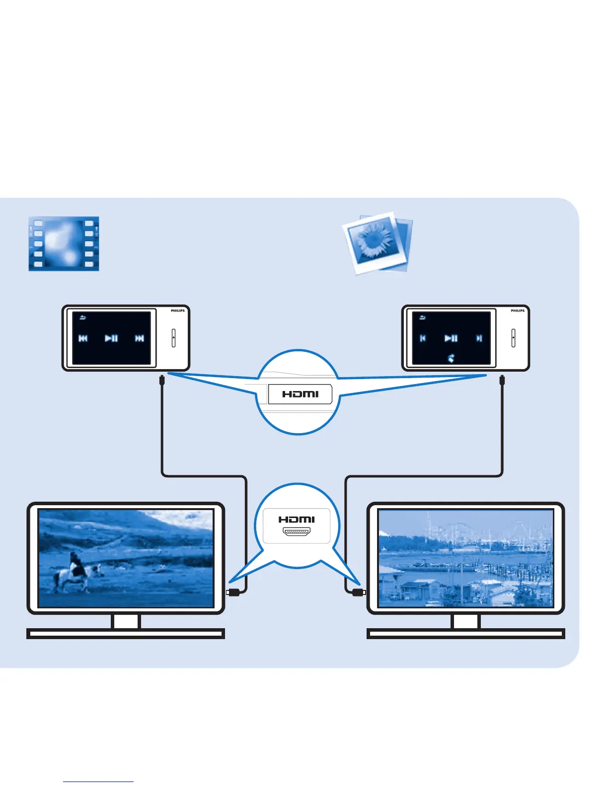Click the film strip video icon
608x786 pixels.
[x=64, y=244]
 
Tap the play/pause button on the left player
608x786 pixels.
[x=111, y=338]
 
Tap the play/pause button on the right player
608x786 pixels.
[x=451, y=338]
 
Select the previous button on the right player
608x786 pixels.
[x=423, y=338]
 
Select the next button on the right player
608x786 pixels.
[x=479, y=338]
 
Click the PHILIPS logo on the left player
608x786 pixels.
[x=178, y=311]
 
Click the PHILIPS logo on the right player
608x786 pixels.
[x=518, y=311]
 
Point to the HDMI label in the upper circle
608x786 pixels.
[x=300, y=394]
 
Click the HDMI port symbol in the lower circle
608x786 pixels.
[x=297, y=532]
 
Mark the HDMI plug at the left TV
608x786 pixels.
[x=233, y=592]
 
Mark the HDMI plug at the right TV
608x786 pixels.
[x=358, y=592]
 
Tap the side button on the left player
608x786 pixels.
[x=173, y=338]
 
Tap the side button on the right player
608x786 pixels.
[x=513, y=338]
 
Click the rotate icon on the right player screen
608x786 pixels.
[x=451, y=358]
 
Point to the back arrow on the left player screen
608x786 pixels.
[x=82, y=318]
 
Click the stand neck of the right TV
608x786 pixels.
[x=465, y=622]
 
